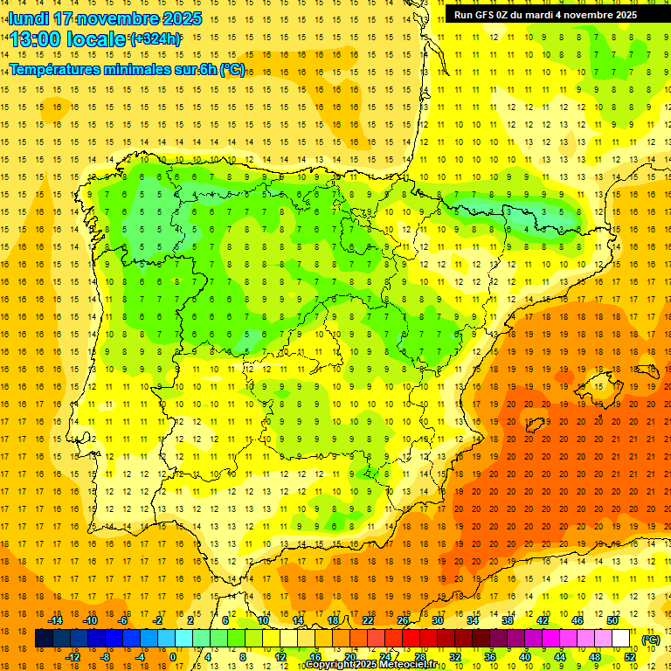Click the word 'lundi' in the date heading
click(28, 18)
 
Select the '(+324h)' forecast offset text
click(156, 38)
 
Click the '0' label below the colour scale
click(172, 657)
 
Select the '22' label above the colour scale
click(368, 620)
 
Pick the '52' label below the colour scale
click(630, 657)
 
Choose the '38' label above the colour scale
click(508, 620)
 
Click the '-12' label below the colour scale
click(73, 657)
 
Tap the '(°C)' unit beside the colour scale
click(651, 640)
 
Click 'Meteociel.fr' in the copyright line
click(405, 665)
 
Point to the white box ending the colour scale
click(621, 639)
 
